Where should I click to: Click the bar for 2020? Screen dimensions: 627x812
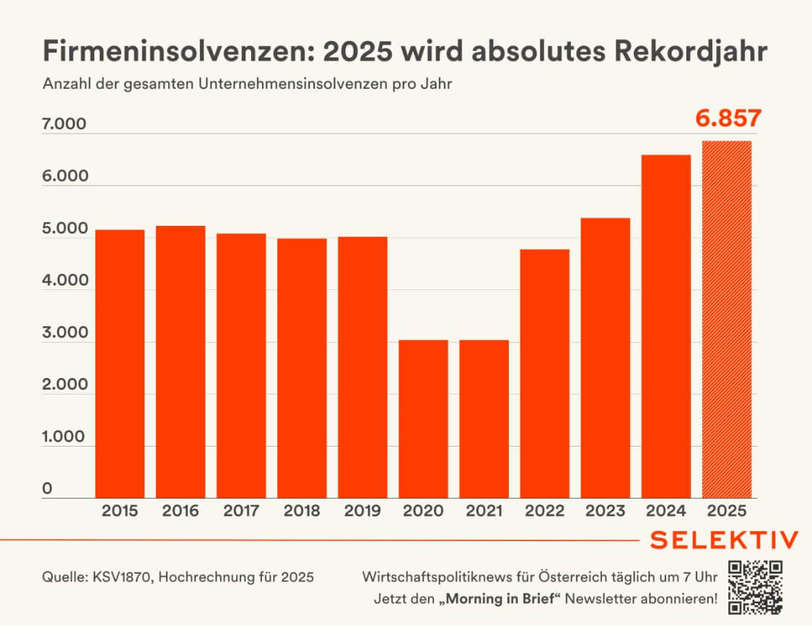click(423, 418)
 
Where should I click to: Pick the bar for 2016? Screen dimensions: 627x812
click(180, 361)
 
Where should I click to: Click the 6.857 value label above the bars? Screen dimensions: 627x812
click(728, 118)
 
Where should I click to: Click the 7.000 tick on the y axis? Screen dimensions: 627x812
click(64, 125)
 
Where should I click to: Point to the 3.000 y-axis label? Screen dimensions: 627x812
click(64, 333)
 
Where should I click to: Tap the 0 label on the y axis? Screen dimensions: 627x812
click(48, 489)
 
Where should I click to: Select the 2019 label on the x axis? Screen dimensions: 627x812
click(362, 512)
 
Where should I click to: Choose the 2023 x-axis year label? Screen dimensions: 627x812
click(606, 512)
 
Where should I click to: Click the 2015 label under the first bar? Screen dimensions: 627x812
click(120, 512)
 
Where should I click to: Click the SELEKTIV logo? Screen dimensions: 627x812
click(724, 540)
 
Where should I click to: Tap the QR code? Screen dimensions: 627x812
click(755, 587)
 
